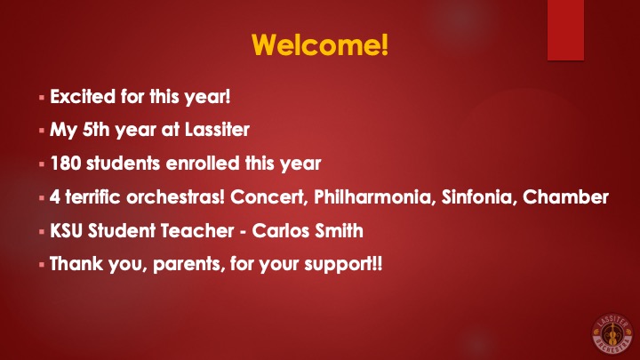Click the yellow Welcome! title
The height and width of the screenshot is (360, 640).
tap(320, 44)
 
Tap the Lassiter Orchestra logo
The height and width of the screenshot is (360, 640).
tap(612, 333)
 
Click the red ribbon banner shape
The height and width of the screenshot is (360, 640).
tap(565, 30)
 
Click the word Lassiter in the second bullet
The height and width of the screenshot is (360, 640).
tap(217, 130)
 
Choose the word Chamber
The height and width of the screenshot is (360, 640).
tap(565, 196)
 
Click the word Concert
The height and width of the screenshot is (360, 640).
tap(268, 196)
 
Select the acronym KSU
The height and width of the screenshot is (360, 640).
tap(67, 230)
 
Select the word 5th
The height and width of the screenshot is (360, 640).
tap(96, 130)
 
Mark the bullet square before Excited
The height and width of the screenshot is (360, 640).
tap(42, 98)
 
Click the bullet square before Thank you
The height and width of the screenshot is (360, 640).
tap(42, 265)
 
